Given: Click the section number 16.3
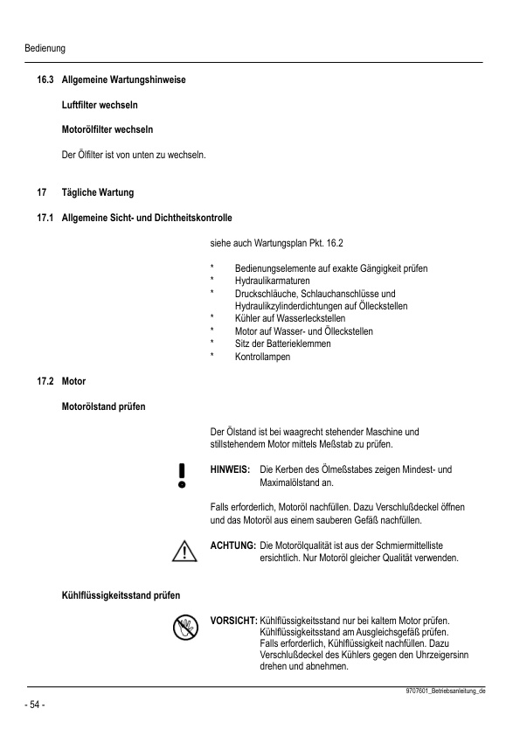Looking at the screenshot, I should click(x=45, y=81).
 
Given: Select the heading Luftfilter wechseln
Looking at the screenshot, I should click(x=99, y=106).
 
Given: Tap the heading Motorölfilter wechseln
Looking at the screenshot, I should click(x=107, y=130).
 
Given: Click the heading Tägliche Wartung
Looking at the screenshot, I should click(x=97, y=191).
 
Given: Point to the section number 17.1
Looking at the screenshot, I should click(x=45, y=216).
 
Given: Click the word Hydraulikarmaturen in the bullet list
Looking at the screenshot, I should click(x=272, y=281).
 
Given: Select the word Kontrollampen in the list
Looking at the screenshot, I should click(x=263, y=357).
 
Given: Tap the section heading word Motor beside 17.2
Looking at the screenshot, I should click(x=73, y=382).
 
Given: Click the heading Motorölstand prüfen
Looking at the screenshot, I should click(x=103, y=406).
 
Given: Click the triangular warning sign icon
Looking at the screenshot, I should click(x=184, y=551).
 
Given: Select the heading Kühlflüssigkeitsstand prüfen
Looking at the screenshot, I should click(x=121, y=596).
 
